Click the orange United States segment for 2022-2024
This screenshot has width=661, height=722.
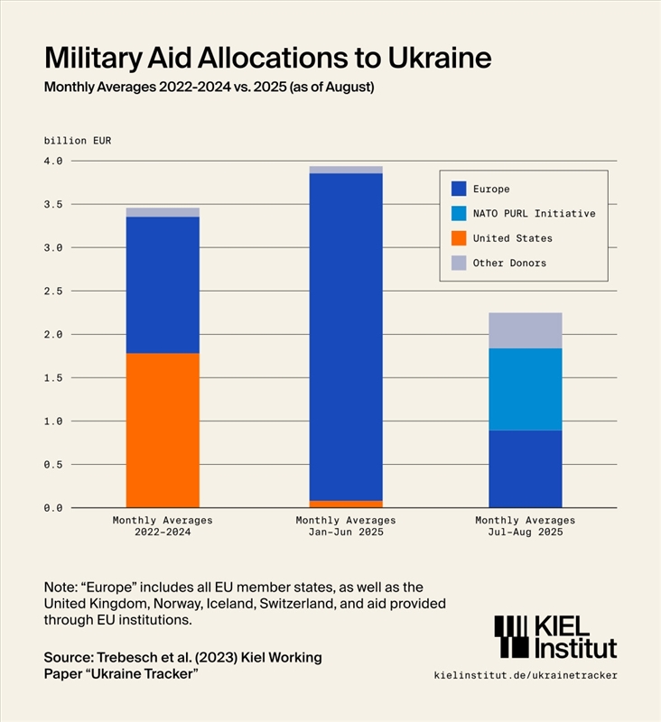[x=163, y=430]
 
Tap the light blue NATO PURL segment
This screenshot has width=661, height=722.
[x=526, y=389]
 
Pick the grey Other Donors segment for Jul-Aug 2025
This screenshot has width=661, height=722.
[x=526, y=330]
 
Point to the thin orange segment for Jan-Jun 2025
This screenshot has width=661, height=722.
[x=346, y=504]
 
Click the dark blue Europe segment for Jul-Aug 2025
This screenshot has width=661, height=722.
[x=526, y=468]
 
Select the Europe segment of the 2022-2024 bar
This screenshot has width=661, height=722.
[x=163, y=284]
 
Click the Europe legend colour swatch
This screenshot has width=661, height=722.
[x=459, y=190]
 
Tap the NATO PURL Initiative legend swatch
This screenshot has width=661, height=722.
[x=459, y=214]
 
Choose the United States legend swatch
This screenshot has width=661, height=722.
[x=459, y=238]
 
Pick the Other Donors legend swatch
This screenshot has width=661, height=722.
[x=459, y=264]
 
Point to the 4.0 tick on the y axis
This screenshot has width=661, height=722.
[x=53, y=161]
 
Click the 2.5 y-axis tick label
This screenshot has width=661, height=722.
[x=53, y=292]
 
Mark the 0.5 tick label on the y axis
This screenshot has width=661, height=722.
[x=53, y=465]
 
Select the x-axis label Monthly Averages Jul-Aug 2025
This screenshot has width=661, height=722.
[x=526, y=526]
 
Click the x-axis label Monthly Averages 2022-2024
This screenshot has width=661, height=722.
[x=163, y=526]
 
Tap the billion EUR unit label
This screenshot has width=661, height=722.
[x=78, y=141]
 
